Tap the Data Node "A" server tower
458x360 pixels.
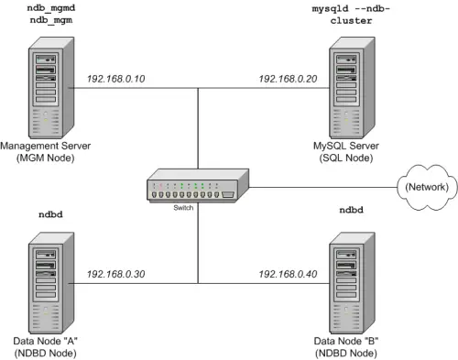(47, 281)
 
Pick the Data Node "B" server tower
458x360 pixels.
(352, 281)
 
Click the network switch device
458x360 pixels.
(193, 189)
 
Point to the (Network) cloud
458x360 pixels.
(422, 187)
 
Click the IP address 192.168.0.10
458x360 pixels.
(116, 80)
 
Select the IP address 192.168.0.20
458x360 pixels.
(288, 80)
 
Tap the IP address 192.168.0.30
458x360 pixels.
(116, 274)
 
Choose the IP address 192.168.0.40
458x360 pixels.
(288, 274)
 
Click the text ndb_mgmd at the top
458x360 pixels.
(49, 7)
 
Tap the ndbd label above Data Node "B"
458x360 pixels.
(351, 210)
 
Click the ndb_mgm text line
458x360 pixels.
(49, 20)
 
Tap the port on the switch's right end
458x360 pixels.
(228, 194)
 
